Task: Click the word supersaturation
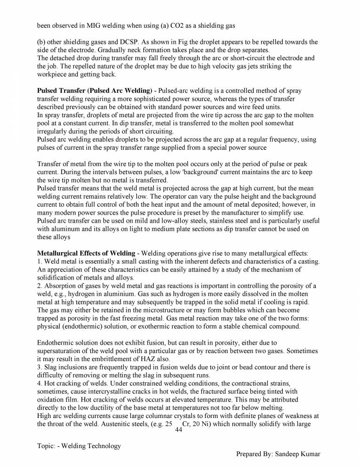(x=60, y=351)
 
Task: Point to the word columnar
(x=144, y=416)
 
